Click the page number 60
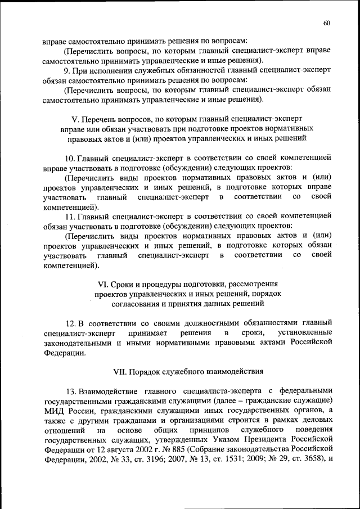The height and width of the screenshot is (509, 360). [327, 22]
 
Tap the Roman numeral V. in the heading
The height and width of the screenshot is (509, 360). [75, 119]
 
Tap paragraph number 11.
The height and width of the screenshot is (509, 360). [70, 215]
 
